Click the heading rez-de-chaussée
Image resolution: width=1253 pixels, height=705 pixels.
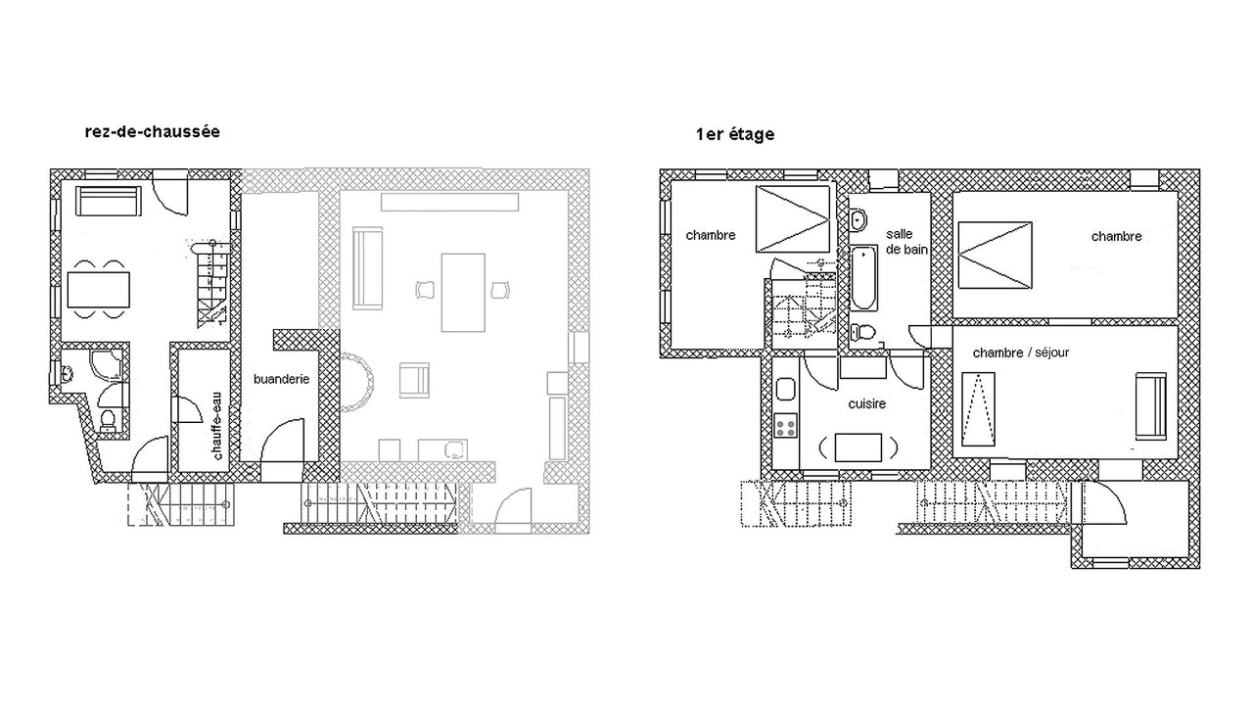tap(152, 132)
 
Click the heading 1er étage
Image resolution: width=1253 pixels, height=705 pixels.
tap(735, 134)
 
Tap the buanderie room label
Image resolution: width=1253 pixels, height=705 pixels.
tap(281, 379)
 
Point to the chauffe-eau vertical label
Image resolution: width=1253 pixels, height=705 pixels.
tap(217, 426)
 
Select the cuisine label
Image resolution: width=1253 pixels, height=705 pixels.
tap(867, 403)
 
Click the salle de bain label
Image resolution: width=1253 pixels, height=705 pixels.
tap(906, 242)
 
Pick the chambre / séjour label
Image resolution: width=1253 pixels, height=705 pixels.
tap(1021, 352)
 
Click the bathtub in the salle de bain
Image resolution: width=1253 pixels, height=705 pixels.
tap(863, 278)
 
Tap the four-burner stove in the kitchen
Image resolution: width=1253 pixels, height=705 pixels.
tap(785, 426)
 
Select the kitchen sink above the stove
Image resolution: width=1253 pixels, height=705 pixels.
tap(785, 389)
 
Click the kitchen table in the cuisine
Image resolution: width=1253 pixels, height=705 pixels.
tap(859, 447)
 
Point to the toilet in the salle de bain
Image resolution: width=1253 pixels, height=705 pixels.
tap(862, 332)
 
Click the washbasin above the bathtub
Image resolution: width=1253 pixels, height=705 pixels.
tap(858, 219)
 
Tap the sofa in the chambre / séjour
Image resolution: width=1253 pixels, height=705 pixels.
tap(1150, 406)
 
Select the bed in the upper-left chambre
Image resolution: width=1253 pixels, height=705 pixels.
tap(793, 218)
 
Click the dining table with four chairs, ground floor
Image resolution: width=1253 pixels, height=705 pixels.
tap(99, 289)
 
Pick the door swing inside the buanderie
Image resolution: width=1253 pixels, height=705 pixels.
tap(283, 441)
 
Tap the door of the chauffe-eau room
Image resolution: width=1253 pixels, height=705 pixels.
tap(186, 409)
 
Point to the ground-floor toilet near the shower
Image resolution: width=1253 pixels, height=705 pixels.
tap(108, 420)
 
